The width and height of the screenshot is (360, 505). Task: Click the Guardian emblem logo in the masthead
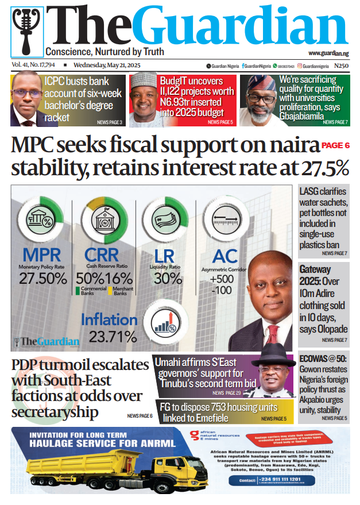(x=26, y=31)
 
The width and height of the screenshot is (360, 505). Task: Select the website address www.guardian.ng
(x=328, y=53)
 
